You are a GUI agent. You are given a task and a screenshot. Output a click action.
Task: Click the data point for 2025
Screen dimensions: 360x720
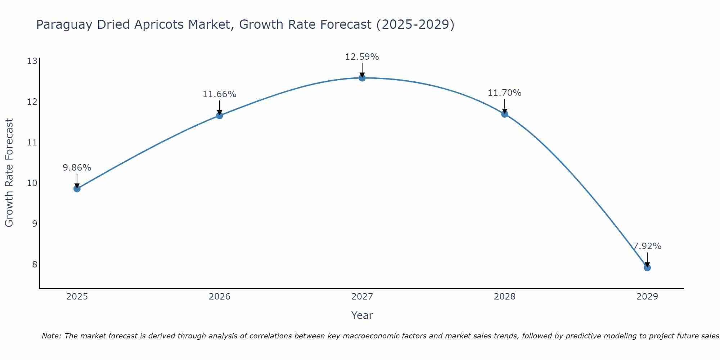[x=77, y=189]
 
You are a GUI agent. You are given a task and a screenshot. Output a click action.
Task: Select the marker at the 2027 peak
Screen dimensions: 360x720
[x=362, y=78]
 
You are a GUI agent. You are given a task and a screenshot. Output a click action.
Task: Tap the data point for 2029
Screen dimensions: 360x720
[x=647, y=267]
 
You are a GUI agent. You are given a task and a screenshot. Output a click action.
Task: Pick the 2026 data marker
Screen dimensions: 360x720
[x=220, y=116]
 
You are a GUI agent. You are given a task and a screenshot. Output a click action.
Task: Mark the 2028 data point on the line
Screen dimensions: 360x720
[x=505, y=114]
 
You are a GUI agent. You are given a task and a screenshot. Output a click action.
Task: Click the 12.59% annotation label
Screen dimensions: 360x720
[x=362, y=57]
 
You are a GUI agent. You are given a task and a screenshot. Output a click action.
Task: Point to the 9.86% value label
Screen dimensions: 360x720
[x=77, y=168]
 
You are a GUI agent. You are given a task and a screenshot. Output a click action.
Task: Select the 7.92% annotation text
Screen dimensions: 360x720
[x=647, y=246]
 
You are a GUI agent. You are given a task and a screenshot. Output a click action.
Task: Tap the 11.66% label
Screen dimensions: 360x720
[x=219, y=94]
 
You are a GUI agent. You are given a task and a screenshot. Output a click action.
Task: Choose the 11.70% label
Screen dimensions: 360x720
[x=504, y=93]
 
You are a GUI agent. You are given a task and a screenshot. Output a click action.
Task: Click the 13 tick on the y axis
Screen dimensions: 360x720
[x=32, y=61]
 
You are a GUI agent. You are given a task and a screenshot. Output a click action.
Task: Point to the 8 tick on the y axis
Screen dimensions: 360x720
[x=35, y=265]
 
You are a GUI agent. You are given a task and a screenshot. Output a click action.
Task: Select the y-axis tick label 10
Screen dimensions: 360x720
[x=32, y=183]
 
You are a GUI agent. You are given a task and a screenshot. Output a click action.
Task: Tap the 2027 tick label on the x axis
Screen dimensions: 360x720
[x=362, y=297]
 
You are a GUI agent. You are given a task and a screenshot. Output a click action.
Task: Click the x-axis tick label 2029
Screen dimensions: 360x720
[x=647, y=297]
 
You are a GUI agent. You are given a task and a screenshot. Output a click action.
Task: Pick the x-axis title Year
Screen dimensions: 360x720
[x=362, y=315]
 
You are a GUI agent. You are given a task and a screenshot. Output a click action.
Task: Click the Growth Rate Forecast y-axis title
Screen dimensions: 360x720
[x=9, y=173]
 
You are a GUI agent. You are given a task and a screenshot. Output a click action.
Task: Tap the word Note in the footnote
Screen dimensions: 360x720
[x=51, y=336]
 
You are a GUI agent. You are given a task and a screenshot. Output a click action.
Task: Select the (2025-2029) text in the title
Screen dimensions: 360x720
[x=415, y=25]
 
